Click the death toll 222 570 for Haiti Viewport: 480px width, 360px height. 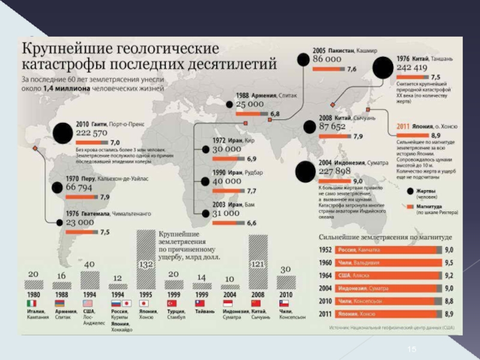(x=92, y=133)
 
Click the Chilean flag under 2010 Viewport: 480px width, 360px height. (x=284, y=304)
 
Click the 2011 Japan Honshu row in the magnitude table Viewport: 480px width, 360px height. (x=384, y=313)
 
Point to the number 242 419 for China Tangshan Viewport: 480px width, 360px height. (x=412, y=68)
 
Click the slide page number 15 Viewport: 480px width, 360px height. (x=412, y=349)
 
